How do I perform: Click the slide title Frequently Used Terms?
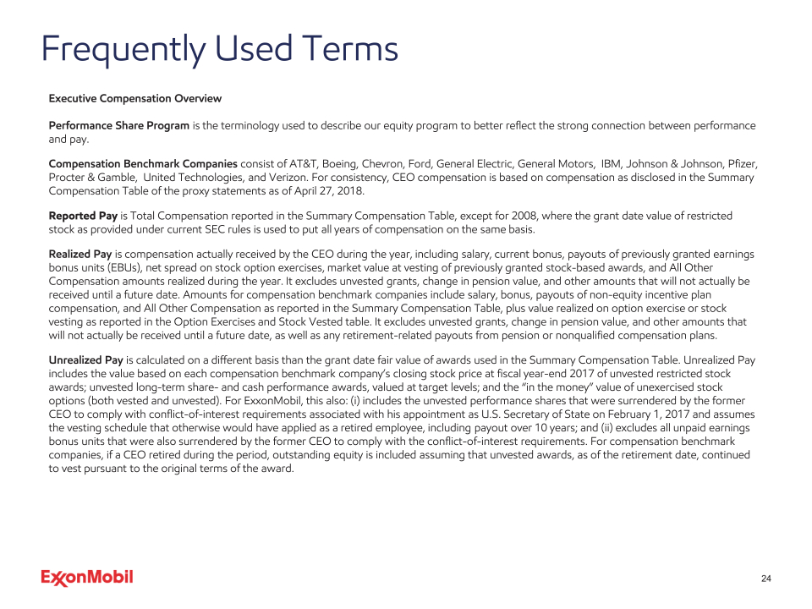tap(220, 49)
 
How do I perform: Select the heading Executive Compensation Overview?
tap(135, 99)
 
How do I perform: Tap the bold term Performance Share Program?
tap(119, 126)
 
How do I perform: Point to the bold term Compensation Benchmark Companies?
tap(143, 163)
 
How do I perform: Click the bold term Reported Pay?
tap(84, 217)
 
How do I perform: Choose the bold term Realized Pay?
tap(80, 254)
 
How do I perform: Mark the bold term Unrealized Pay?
tap(86, 359)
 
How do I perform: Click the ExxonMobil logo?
tap(87, 578)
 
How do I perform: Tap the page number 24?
tap(766, 579)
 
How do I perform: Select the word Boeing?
tap(339, 163)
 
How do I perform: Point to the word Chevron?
tap(385, 163)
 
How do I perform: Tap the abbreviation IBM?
tap(612, 163)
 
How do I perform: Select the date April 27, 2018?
tap(329, 191)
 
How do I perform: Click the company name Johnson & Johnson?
tap(675, 163)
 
